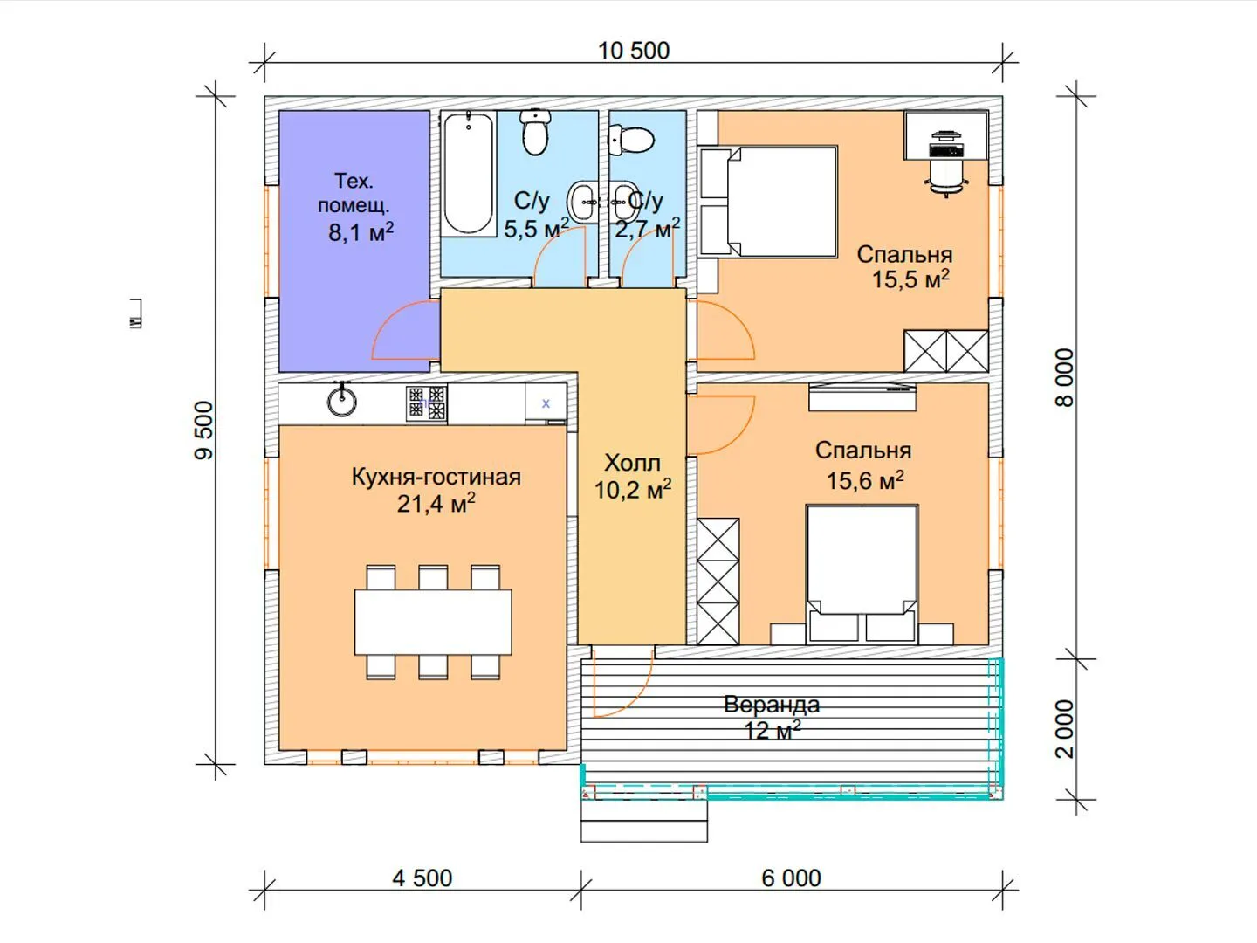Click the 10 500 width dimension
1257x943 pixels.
634,51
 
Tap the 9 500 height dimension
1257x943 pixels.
203,430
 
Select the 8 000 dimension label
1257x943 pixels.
1065,377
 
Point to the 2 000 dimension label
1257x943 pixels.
1065,729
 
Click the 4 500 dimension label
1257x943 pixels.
422,878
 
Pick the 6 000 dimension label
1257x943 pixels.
792,878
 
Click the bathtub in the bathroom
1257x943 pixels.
469,174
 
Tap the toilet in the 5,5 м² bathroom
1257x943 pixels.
535,133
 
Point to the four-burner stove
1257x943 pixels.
427,403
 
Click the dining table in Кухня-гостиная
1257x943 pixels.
433,622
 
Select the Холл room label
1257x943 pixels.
633,463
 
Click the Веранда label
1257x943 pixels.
772,705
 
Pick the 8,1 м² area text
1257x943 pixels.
361,232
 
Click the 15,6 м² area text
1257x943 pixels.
865,480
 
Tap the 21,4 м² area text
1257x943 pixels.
436,503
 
